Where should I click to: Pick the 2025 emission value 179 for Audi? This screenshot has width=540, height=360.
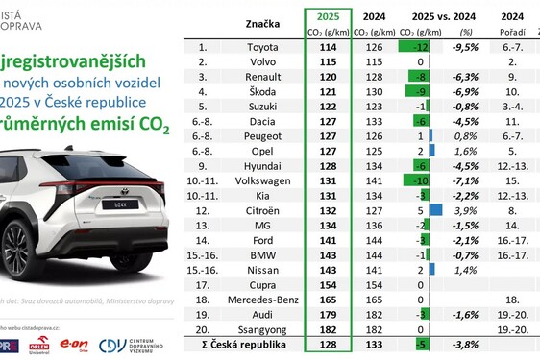328,313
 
